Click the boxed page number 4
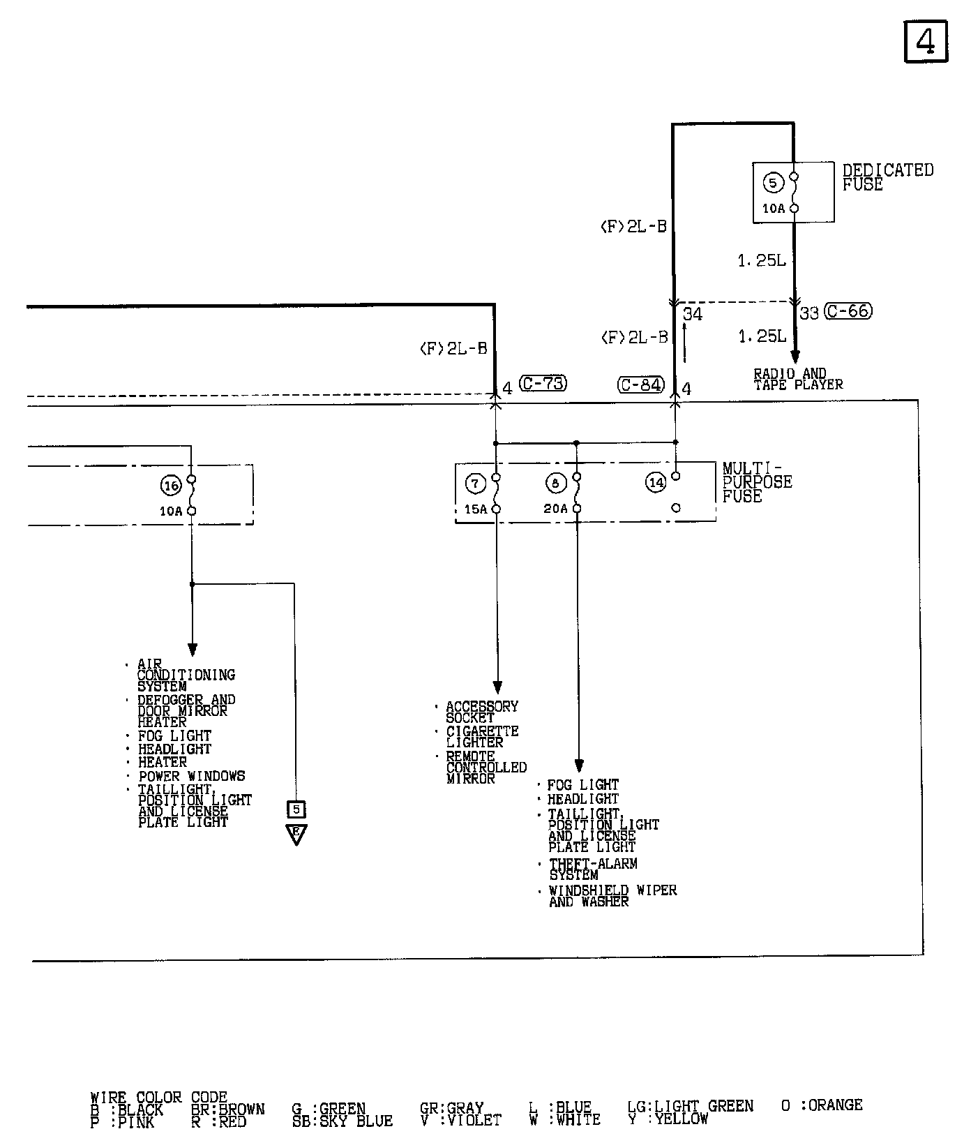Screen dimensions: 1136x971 click(926, 42)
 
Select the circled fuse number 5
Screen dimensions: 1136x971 click(773, 183)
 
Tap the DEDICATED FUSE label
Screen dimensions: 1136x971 click(887, 177)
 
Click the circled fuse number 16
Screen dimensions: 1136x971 click(171, 485)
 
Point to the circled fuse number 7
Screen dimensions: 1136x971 click(475, 483)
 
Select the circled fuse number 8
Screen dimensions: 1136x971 click(556, 483)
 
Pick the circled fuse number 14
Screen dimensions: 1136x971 click(656, 482)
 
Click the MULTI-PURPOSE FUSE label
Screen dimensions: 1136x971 click(756, 482)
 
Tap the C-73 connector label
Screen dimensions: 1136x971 click(543, 383)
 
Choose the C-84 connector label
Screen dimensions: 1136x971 click(641, 384)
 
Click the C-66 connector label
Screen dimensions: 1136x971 click(848, 311)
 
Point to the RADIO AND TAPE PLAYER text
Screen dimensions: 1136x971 click(797, 379)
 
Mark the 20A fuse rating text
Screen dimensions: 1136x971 click(555, 509)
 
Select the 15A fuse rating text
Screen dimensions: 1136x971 click(475, 509)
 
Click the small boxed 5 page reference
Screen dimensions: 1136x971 click(296, 809)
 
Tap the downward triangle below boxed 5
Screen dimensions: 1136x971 click(296, 834)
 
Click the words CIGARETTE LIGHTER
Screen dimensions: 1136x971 click(482, 737)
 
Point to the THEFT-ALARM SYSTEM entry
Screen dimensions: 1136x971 click(592, 869)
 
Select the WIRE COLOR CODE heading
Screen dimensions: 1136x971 click(158, 1098)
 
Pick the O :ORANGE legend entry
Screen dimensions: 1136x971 click(822, 1105)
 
